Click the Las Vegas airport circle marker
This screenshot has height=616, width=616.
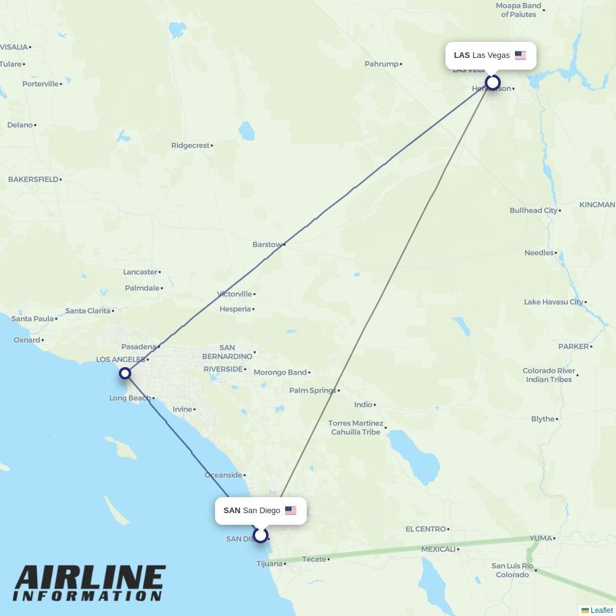pos(492,83)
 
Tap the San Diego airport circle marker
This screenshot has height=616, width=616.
pos(261,535)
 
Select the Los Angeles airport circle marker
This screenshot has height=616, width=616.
pos(125,373)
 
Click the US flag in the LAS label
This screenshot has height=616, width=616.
pos(521,55)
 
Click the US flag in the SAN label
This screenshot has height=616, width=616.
pos(291,511)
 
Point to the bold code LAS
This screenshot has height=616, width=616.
pos(461,55)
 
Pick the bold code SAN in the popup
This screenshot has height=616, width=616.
pos(232,511)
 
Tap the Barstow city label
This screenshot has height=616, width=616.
pos(267,245)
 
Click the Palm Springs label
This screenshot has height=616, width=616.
pos(312,391)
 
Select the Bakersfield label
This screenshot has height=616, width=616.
pos(33,179)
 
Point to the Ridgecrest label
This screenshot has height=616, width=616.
pos(190,145)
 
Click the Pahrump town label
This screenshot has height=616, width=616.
pos(381,64)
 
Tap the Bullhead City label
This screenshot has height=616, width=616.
pos(533,210)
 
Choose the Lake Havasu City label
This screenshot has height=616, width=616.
pos(553,302)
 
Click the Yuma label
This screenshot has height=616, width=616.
pos(540,538)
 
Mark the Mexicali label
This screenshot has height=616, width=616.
pos(438,549)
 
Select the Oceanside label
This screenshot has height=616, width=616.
pos(223,475)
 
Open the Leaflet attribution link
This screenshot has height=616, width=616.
pos(601,610)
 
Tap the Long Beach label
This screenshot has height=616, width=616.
pos(129,398)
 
